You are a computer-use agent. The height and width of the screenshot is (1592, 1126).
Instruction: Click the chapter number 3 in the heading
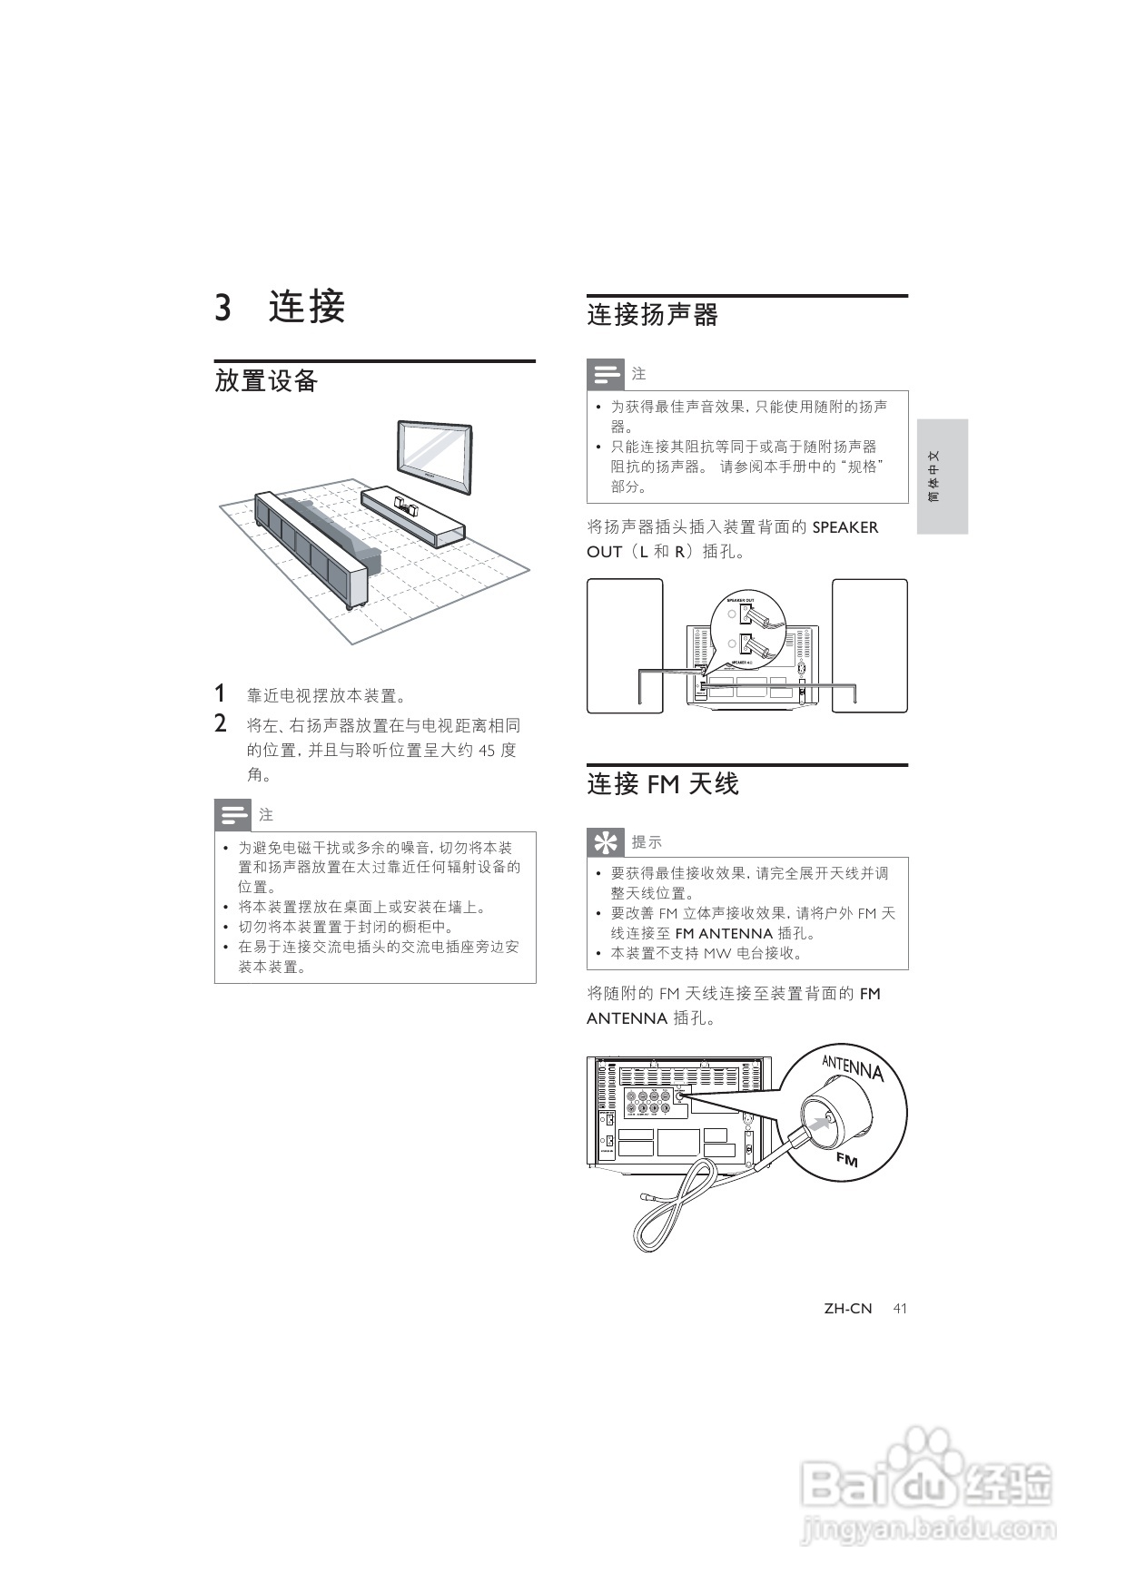pos(222,308)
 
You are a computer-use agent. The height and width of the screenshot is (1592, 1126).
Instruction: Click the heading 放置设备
pos(266,380)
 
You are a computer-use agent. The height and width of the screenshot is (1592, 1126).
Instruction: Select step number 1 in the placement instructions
pos(220,694)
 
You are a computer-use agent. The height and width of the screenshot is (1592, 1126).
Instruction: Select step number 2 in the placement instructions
pos(220,724)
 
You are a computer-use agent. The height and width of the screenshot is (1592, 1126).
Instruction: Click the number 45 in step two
pos(487,751)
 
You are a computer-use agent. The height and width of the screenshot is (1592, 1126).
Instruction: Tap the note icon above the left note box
pos(232,814)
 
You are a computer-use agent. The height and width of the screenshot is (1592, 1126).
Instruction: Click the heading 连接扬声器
pos(652,315)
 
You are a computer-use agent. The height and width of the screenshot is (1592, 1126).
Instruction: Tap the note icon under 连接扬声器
pos(606,374)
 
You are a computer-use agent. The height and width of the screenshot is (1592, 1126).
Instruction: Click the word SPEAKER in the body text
pos(844,527)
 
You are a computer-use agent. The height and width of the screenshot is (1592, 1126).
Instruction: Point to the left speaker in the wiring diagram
pos(625,644)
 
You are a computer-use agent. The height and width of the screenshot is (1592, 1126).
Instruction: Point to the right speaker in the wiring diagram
pos(870,644)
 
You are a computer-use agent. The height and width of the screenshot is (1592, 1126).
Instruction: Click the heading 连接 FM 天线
pos(663,784)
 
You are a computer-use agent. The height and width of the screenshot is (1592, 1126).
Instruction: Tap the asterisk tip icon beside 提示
pos(605,841)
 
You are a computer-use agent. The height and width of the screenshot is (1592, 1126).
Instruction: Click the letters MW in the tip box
pos(716,953)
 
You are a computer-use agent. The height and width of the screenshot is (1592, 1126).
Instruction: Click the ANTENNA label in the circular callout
pos(853,1067)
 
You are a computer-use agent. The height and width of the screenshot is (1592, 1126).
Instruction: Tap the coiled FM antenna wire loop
pos(672,1207)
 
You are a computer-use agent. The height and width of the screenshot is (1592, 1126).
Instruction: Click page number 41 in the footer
pos(900,1308)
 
